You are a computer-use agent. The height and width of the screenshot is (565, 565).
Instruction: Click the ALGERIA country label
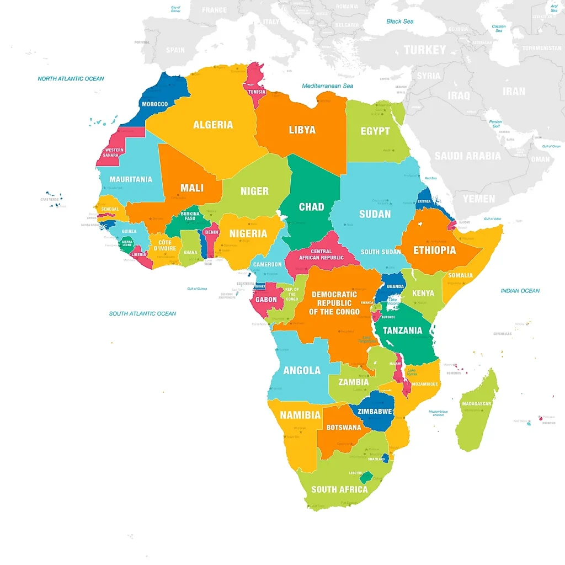click(x=213, y=125)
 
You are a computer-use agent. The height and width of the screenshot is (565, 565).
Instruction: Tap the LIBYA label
click(x=302, y=130)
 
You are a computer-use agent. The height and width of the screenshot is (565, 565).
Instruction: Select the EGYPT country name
click(x=375, y=131)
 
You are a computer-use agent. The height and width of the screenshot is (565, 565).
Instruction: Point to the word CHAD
click(x=311, y=207)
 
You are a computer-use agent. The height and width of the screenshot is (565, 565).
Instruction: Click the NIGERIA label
click(x=248, y=233)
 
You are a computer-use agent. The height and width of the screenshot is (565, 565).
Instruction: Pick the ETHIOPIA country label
click(x=435, y=250)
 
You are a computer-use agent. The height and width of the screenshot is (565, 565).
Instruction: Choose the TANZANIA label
click(x=402, y=331)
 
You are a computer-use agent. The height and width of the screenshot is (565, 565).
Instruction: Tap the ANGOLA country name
click(x=302, y=370)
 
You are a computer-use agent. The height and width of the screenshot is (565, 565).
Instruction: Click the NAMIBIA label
click(x=300, y=415)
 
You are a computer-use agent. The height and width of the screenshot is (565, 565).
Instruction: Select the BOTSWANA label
click(x=344, y=428)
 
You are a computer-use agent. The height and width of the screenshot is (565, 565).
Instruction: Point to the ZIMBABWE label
click(x=375, y=411)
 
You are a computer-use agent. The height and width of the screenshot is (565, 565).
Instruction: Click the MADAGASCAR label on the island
click(x=476, y=403)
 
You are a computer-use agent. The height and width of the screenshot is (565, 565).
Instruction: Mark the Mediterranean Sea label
click(x=327, y=86)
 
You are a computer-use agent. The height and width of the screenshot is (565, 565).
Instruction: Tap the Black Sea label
click(x=399, y=22)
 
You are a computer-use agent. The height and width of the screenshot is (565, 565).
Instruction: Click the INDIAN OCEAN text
click(x=520, y=291)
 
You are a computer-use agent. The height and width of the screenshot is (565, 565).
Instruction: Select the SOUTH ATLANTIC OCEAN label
click(x=142, y=313)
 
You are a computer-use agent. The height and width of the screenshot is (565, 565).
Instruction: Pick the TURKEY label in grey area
click(x=424, y=50)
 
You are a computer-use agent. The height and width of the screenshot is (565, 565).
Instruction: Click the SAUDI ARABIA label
click(x=467, y=156)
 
